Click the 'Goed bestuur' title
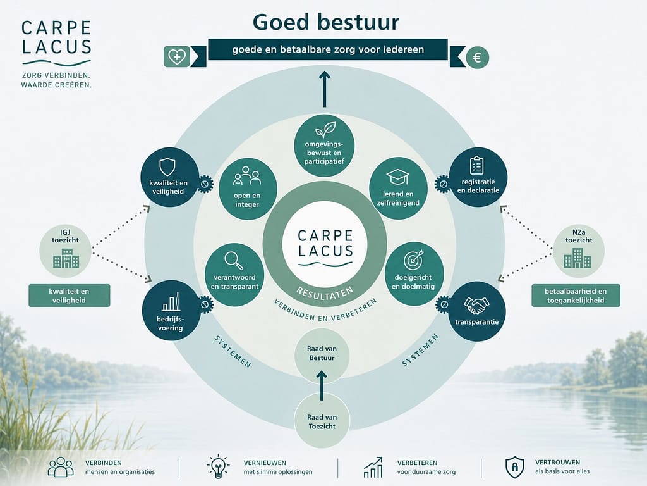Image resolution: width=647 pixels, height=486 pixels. coord(326,22)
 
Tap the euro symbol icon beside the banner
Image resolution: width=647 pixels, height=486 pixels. coord(478,57)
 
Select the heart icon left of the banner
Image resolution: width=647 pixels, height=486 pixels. coord(177,56)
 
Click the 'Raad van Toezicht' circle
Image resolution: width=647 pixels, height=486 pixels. coord(322,421)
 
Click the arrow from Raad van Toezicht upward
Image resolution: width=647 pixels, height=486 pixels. coord(322,385)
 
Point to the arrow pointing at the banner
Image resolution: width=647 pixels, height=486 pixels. coord(325,89)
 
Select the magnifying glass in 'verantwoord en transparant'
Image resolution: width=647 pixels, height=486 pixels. coord(234,261)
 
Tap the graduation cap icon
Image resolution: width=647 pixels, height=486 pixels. coord(398,177)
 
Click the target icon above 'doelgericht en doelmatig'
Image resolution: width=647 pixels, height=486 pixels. coord(413,259)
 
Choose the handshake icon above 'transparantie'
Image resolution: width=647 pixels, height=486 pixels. coord(476,305)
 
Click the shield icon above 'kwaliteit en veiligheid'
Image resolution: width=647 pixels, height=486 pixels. coord(167,167)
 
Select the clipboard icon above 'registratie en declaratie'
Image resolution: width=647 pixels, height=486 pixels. coord(477,165)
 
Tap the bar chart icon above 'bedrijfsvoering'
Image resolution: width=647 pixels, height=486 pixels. coord(171,302)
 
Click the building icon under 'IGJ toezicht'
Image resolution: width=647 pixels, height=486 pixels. coord(66,258)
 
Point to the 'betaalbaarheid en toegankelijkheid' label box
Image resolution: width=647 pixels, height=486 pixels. coord(576,296)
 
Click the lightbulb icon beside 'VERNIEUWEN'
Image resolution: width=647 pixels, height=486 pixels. coord(218,467)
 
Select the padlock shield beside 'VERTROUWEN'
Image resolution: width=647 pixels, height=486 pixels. coord(514,467)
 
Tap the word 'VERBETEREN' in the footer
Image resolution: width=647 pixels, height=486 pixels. coord(417,463)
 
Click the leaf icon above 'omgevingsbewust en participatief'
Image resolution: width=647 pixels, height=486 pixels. coord(325,129)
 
